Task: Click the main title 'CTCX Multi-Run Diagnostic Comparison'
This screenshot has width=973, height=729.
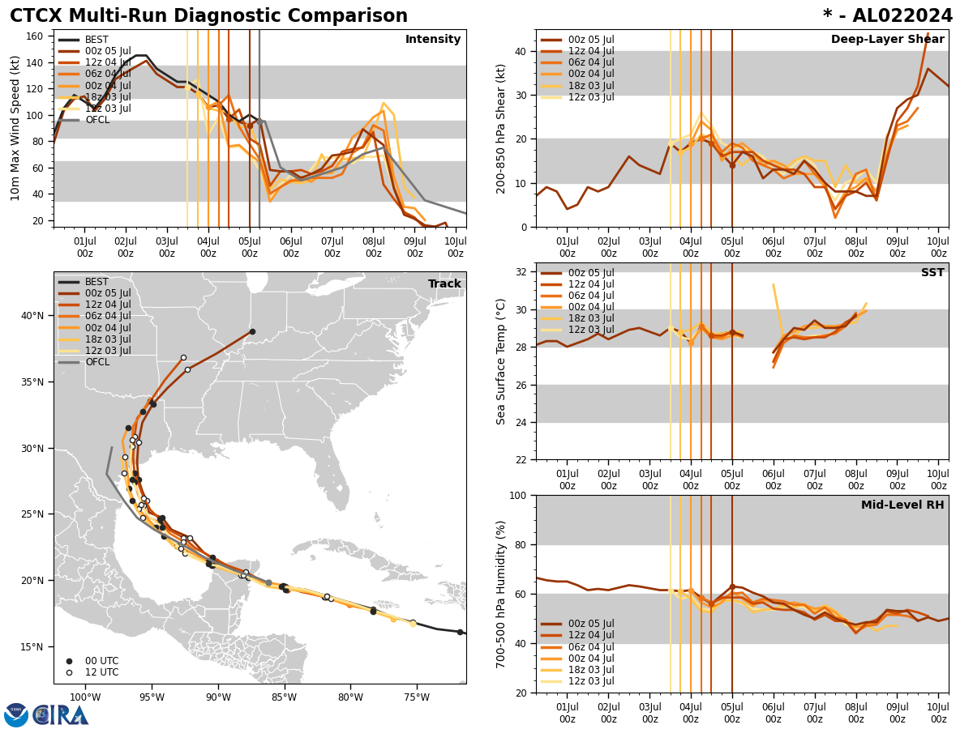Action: (208, 16)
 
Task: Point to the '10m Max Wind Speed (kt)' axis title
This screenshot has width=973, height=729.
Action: (15, 128)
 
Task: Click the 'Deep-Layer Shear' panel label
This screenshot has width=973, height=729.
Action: (887, 40)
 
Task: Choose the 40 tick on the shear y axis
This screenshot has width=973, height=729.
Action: (520, 51)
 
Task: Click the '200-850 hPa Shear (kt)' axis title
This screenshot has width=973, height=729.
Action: (501, 128)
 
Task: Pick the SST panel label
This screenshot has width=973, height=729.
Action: (932, 273)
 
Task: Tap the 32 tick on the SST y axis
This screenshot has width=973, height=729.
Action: (520, 272)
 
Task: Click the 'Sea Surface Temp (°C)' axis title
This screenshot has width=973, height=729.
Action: (501, 361)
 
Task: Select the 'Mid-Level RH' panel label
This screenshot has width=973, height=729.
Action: (902, 505)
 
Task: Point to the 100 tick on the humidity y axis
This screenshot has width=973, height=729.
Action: (517, 495)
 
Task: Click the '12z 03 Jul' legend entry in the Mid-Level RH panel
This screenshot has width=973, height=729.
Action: (591, 681)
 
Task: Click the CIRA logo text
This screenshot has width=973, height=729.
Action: (61, 714)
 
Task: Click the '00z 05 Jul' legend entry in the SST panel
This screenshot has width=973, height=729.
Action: (591, 273)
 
